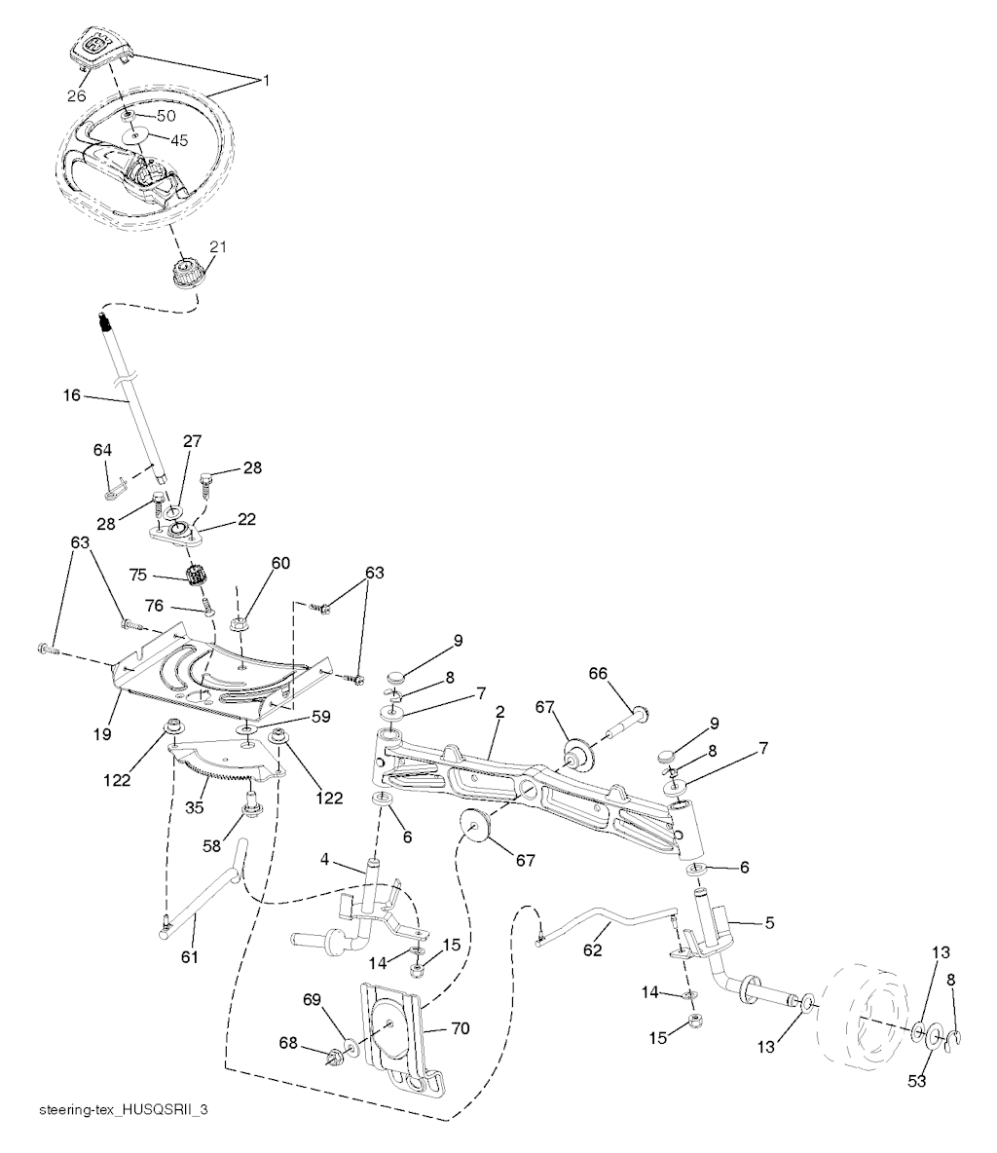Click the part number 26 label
pyautogui.click(x=77, y=95)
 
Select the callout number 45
pyautogui.click(x=179, y=140)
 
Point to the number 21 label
pyautogui.click(x=218, y=247)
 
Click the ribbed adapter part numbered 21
pyautogui.click(x=185, y=274)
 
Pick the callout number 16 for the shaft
pyautogui.click(x=72, y=395)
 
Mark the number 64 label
pyautogui.click(x=103, y=449)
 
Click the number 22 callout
pyautogui.click(x=246, y=519)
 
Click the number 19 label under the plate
pyautogui.click(x=102, y=734)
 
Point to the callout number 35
pyautogui.click(x=194, y=807)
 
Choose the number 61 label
pyautogui.click(x=190, y=956)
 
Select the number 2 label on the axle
pyautogui.click(x=500, y=712)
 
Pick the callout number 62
pyautogui.click(x=593, y=950)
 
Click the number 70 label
pyautogui.click(x=461, y=1028)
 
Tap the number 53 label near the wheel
pyautogui.click(x=916, y=1081)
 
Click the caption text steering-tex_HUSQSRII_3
pyautogui.click(x=124, y=1109)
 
